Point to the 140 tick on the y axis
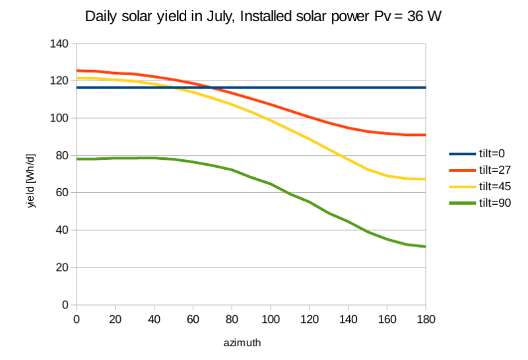(x=60, y=44)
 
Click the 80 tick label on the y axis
(x=63, y=156)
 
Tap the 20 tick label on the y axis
(x=63, y=268)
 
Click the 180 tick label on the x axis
(x=426, y=318)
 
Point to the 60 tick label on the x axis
(x=193, y=318)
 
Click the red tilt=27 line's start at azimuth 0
(x=77, y=71)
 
